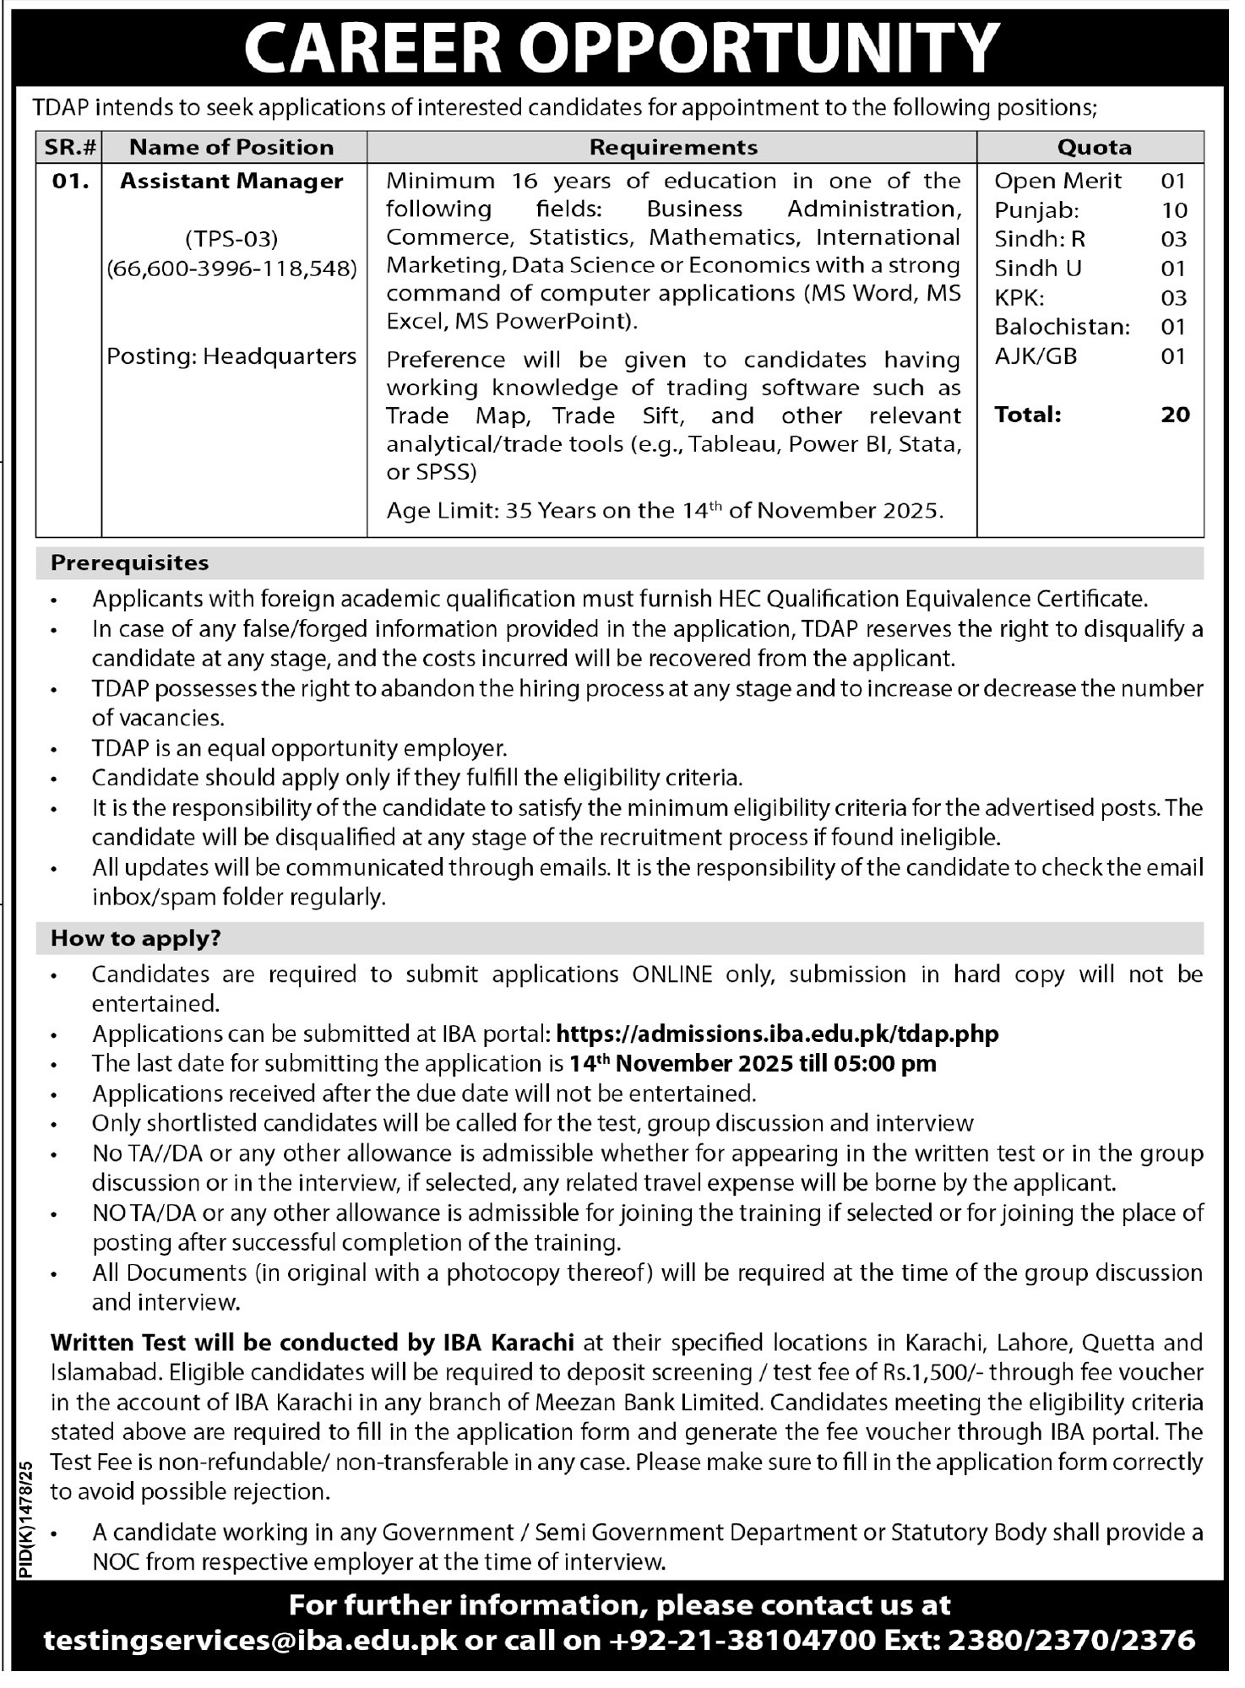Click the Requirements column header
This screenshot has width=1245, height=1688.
[673, 147]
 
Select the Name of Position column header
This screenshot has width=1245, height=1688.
[231, 147]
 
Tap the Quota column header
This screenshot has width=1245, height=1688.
[1094, 147]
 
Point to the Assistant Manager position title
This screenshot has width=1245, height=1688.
[231, 181]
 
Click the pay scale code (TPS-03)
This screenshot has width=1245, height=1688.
[231, 240]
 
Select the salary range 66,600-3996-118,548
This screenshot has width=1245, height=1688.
[231, 269]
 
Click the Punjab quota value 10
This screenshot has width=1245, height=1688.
[1174, 210]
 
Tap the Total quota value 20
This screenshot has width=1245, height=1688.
[1175, 415]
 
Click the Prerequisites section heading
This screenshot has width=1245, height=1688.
[130, 562]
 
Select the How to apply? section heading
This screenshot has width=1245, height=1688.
[136, 938]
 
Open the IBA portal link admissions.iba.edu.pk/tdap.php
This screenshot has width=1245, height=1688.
[778, 1034]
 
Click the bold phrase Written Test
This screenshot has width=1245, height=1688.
[118, 1342]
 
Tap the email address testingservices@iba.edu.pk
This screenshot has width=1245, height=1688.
[250, 1640]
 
